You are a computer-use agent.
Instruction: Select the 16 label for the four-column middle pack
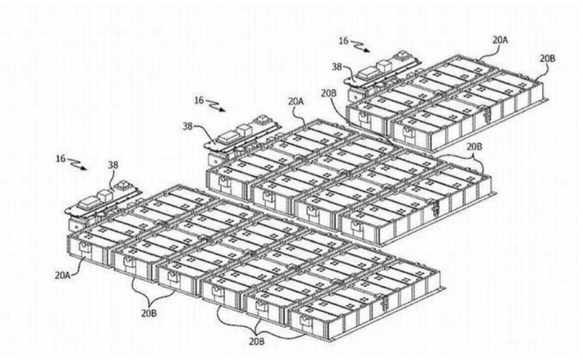click(199, 98)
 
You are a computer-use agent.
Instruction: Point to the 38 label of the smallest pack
click(337, 66)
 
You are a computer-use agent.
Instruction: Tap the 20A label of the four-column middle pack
click(296, 102)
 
